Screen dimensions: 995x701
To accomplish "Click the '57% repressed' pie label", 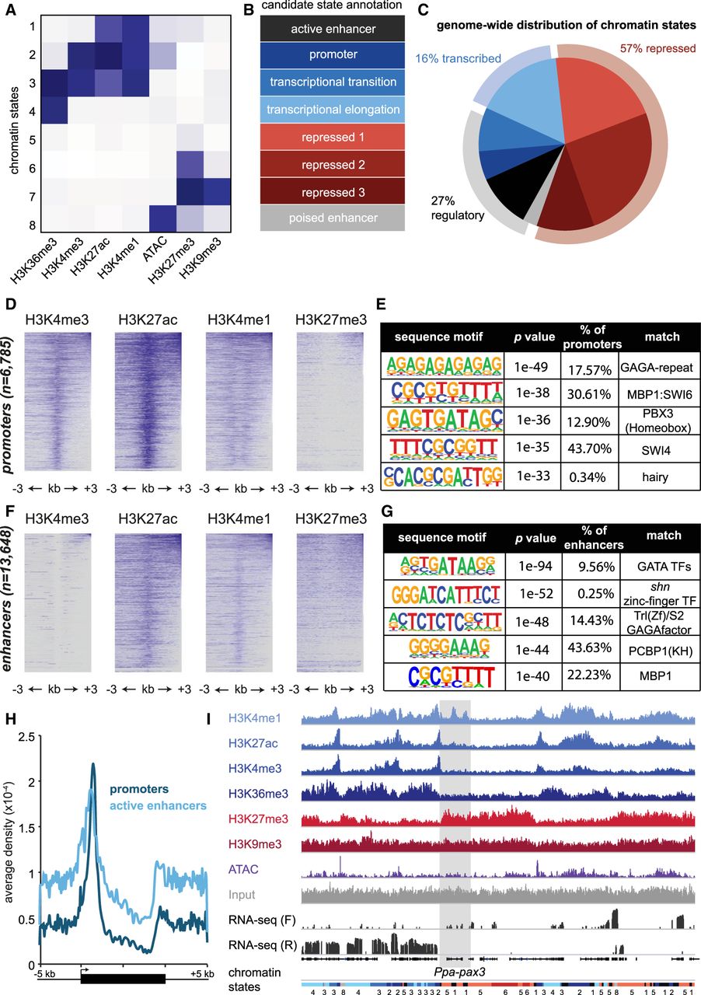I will click(657, 49).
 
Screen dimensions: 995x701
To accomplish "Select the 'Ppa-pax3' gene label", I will click(454, 969).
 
